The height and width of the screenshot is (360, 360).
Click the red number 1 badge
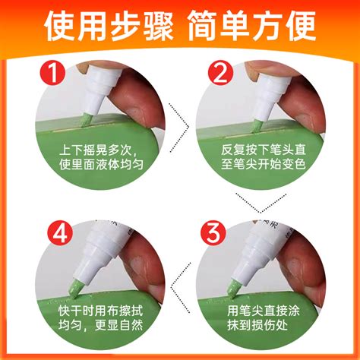[x=53, y=73]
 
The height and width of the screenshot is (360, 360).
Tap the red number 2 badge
[x=220, y=73]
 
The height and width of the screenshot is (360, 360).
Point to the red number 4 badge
[x=60, y=232]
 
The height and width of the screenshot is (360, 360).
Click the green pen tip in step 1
[x=86, y=120]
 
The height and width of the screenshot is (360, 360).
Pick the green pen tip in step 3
[x=232, y=289]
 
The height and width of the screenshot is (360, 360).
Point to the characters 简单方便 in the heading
[x=251, y=26]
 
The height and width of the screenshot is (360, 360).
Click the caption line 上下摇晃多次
[x=96, y=150]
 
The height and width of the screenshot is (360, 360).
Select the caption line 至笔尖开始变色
[x=264, y=164]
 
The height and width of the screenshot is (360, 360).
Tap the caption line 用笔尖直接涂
[x=264, y=311]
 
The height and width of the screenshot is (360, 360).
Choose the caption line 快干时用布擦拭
[x=100, y=311]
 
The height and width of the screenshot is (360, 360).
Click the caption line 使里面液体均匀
[x=101, y=165]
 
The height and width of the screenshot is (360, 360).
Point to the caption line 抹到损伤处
[x=257, y=325]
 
